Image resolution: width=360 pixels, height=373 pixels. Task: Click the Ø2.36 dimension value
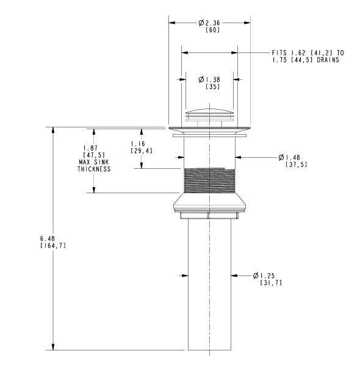click(209, 23)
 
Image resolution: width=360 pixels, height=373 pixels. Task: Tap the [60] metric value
click(212, 30)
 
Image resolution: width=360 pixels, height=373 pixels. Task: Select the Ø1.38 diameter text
click(209, 79)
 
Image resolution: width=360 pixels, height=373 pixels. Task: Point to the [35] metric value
click(212, 87)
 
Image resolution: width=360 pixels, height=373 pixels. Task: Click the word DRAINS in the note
click(328, 60)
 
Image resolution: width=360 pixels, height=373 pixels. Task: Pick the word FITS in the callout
click(279, 52)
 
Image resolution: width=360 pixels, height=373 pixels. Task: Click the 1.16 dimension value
click(138, 144)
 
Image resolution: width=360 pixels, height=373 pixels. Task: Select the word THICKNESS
click(94, 169)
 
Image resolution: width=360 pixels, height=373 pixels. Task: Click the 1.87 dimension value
click(90, 148)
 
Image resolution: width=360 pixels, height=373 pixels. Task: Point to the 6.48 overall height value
click(48, 238)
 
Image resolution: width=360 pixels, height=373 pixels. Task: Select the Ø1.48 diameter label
click(289, 157)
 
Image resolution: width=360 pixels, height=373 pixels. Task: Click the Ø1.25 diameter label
click(264, 275)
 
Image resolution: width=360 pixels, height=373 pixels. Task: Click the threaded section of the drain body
click(209, 180)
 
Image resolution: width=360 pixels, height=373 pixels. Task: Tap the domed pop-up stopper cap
click(209, 112)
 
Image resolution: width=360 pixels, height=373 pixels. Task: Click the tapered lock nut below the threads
click(209, 202)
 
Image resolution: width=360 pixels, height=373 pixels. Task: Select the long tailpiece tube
click(209, 284)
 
